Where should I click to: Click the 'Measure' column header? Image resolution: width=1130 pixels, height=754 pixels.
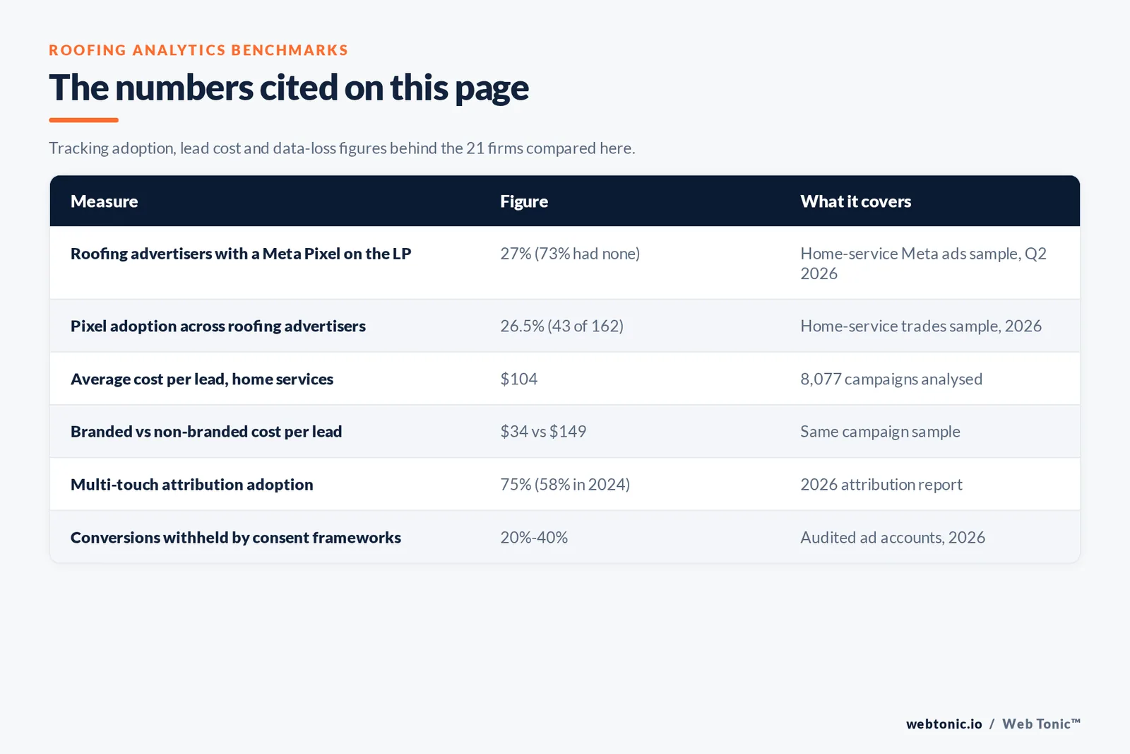(104, 201)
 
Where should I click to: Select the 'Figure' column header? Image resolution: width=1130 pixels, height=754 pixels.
(523, 201)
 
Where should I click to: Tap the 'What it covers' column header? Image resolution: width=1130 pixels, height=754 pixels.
(855, 201)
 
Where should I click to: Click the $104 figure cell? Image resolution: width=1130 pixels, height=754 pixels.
(518, 379)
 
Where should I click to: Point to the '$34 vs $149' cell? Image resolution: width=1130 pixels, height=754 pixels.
(543, 432)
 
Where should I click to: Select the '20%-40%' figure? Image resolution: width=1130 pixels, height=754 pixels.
(534, 537)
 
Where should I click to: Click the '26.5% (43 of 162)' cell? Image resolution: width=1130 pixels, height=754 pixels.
(561, 326)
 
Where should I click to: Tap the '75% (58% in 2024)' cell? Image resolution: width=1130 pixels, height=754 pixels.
(565, 485)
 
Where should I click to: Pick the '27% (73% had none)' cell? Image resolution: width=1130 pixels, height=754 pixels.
(570, 254)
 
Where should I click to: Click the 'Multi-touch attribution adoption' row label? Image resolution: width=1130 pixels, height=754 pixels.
(191, 485)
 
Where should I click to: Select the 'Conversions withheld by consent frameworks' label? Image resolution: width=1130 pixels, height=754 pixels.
(236, 538)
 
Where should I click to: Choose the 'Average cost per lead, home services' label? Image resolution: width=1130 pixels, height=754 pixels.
(202, 379)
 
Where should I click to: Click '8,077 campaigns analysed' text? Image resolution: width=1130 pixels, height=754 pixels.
(891, 379)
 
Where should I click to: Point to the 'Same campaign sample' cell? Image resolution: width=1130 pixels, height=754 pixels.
(880, 432)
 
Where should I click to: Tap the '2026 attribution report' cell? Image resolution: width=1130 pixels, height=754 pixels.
(881, 485)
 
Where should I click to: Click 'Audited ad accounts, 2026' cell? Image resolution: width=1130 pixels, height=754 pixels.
(893, 538)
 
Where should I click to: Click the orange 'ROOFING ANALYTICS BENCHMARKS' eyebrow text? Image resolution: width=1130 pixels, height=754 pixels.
(198, 50)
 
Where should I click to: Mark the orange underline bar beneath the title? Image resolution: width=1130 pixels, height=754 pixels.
(84, 120)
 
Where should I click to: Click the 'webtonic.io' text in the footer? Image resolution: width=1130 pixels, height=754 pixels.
(944, 724)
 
